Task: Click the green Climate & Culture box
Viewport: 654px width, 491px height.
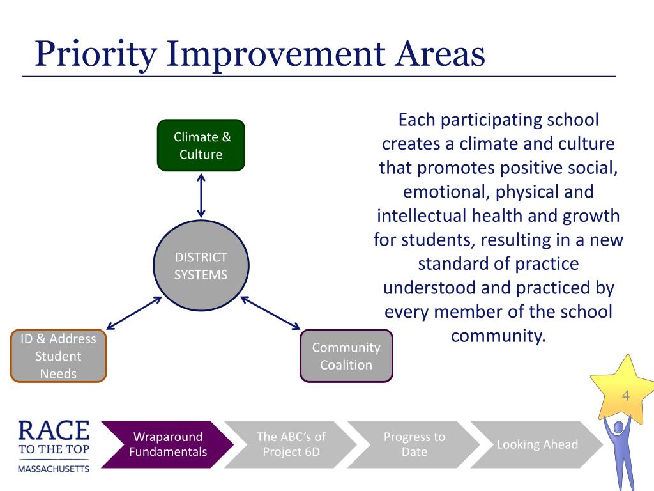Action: (x=201, y=145)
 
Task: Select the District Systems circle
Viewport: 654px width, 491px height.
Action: (x=201, y=265)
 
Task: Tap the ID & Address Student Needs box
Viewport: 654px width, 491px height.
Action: (x=58, y=355)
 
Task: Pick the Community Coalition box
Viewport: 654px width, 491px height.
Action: (x=346, y=355)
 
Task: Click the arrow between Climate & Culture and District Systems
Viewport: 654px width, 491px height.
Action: (x=201, y=196)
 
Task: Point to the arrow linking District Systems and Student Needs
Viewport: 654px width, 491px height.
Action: (x=134, y=313)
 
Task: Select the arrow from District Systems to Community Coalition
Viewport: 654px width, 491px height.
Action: (x=270, y=313)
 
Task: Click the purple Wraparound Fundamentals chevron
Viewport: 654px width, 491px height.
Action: (x=167, y=444)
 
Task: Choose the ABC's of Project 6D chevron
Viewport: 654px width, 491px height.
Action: (x=291, y=444)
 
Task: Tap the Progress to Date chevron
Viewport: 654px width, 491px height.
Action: (x=414, y=444)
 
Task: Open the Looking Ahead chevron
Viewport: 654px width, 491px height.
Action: (x=536, y=444)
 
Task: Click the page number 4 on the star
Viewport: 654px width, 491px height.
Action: (x=626, y=395)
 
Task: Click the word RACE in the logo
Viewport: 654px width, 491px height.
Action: (x=54, y=430)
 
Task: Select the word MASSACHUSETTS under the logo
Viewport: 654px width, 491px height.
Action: (x=54, y=469)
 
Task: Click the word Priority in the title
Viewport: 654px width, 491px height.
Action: (x=96, y=54)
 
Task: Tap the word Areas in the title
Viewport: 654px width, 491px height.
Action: (x=440, y=54)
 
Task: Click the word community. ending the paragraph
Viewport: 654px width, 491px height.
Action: (x=498, y=336)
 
